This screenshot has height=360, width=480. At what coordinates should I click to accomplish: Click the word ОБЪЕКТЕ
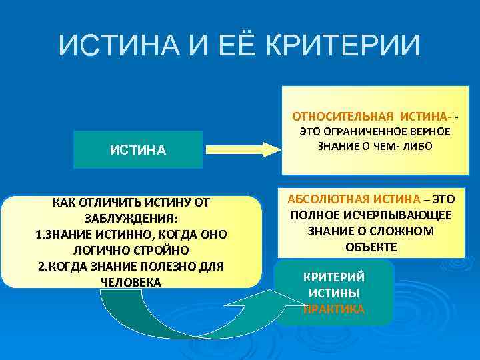click(x=371, y=247)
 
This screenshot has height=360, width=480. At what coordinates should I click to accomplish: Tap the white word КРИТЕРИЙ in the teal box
click(x=334, y=277)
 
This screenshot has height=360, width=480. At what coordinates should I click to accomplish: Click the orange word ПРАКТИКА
click(x=334, y=309)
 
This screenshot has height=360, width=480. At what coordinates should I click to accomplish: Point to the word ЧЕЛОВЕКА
click(x=131, y=281)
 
